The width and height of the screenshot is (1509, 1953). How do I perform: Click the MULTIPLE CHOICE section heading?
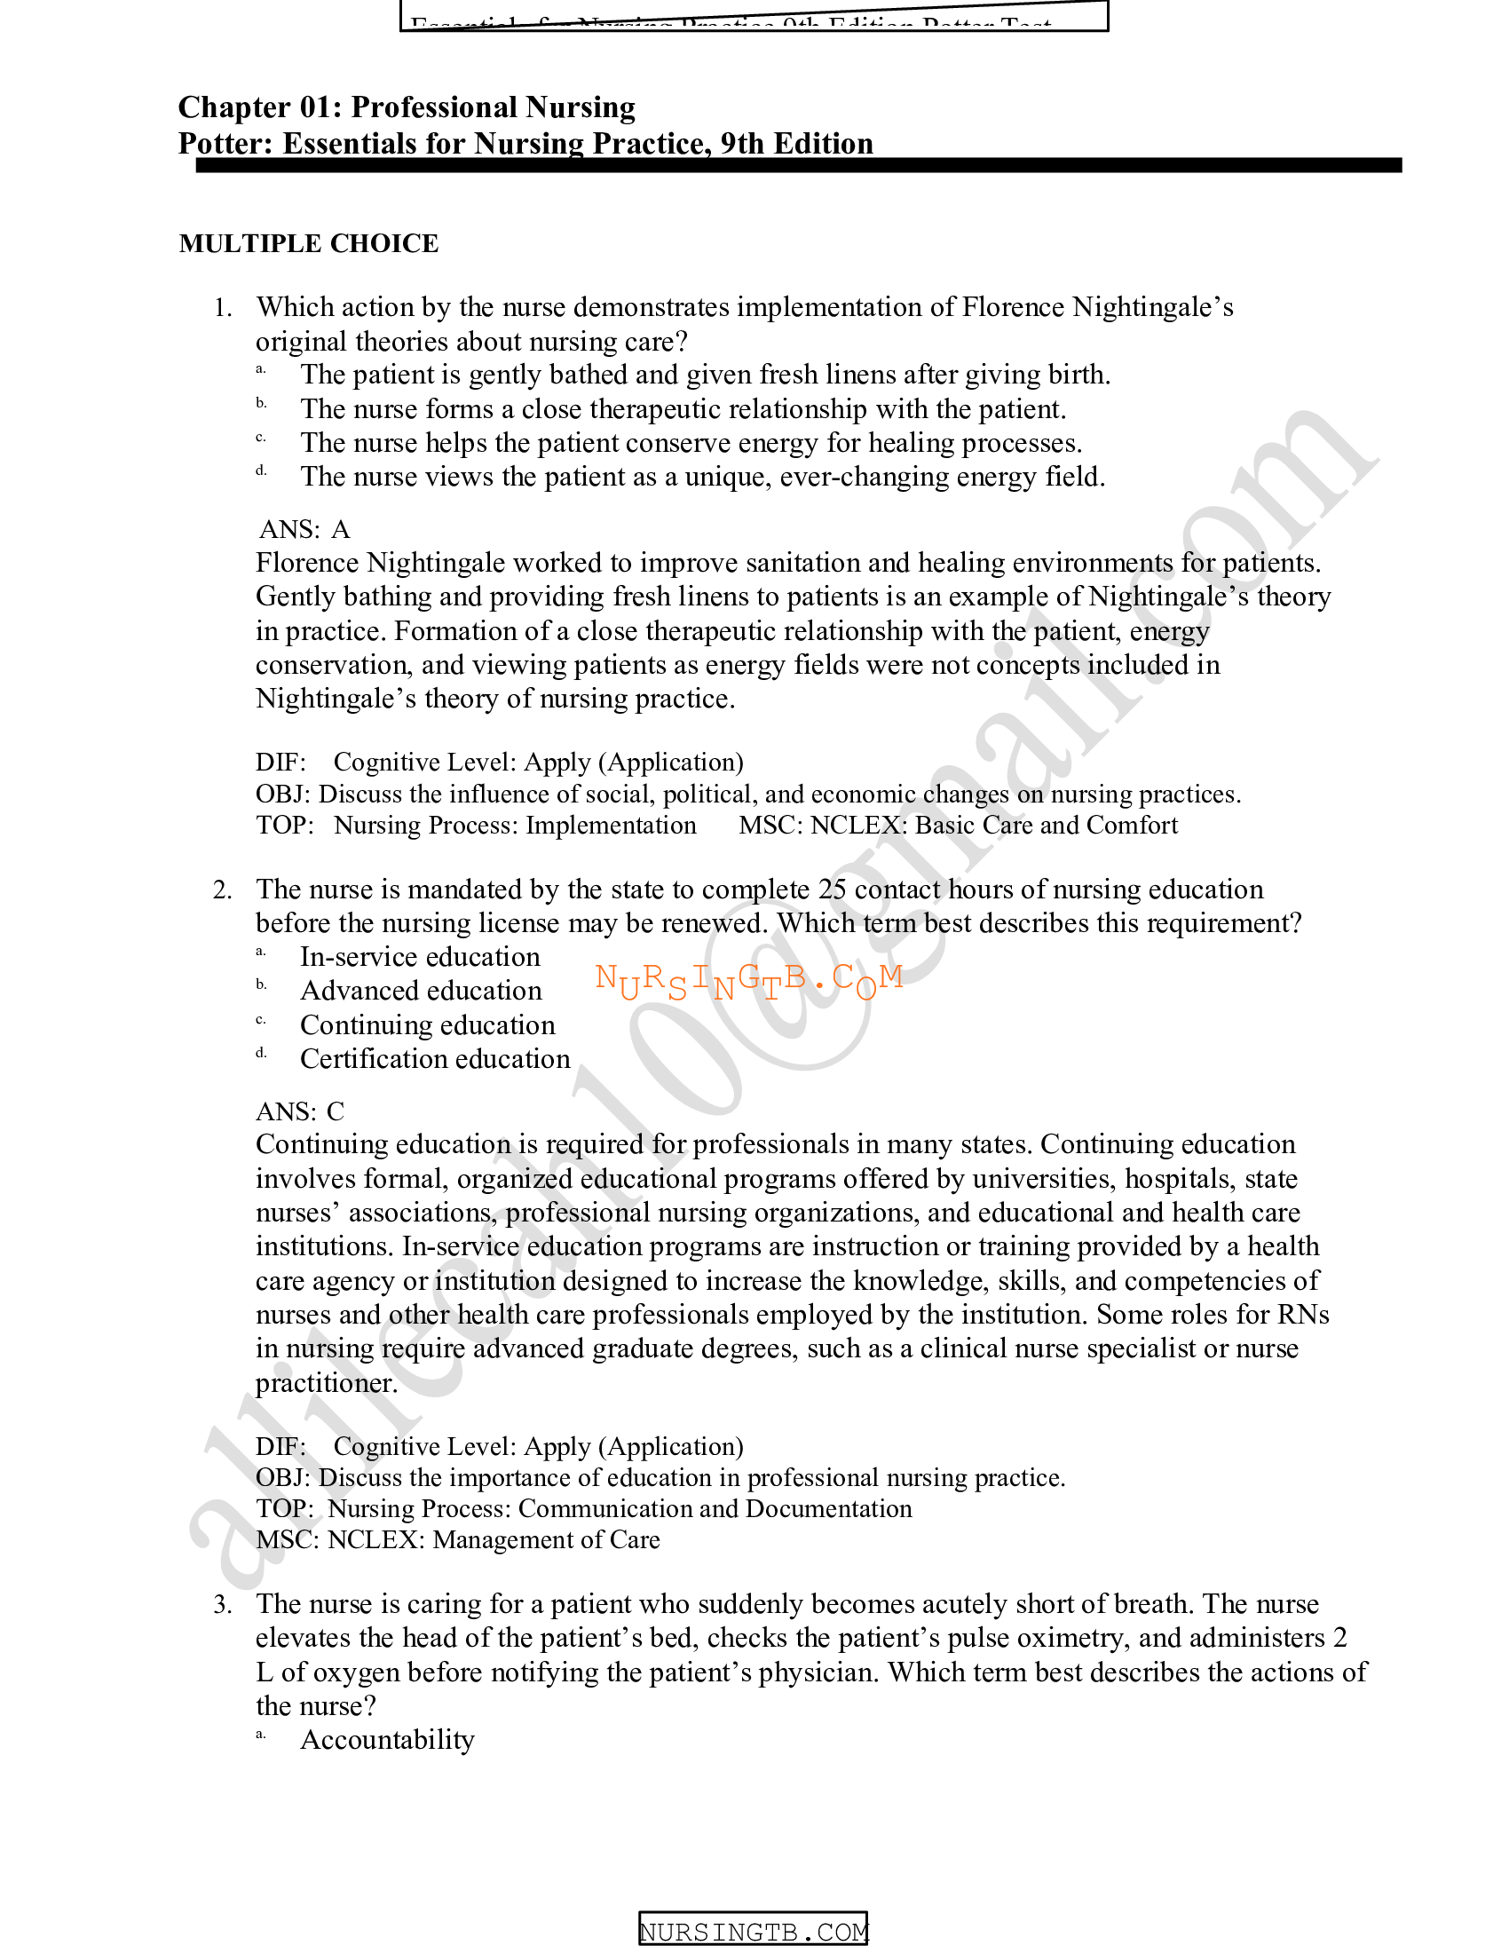pyautogui.click(x=308, y=243)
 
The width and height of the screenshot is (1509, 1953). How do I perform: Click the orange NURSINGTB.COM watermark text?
pyautogui.click(x=749, y=981)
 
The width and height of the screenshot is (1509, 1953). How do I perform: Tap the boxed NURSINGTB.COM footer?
pyautogui.click(x=754, y=1932)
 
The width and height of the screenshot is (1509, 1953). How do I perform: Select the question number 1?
pyautogui.click(x=223, y=308)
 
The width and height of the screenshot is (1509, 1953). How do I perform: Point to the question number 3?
pyautogui.click(x=223, y=1604)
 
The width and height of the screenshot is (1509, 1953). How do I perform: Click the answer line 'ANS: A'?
pyautogui.click(x=304, y=529)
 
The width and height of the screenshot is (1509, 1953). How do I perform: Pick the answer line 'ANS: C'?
pyautogui.click(x=299, y=1111)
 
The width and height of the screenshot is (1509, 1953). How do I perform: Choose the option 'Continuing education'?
pyautogui.click(x=427, y=1024)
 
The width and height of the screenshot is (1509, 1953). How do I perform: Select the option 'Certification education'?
pyautogui.click(x=434, y=1059)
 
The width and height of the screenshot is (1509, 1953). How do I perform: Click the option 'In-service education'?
pyautogui.click(x=420, y=957)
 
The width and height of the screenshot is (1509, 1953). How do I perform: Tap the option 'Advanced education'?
pyautogui.click(x=421, y=991)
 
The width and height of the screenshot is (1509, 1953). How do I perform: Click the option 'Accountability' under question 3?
pyautogui.click(x=387, y=1739)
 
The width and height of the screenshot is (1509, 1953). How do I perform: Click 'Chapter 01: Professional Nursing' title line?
pyautogui.click(x=407, y=107)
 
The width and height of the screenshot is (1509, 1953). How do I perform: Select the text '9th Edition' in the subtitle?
pyautogui.click(x=796, y=144)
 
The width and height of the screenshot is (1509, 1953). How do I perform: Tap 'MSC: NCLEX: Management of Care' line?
pyautogui.click(x=458, y=1539)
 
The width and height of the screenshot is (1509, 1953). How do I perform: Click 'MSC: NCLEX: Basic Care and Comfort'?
pyautogui.click(x=958, y=825)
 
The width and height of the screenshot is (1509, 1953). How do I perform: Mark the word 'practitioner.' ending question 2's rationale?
pyautogui.click(x=327, y=1383)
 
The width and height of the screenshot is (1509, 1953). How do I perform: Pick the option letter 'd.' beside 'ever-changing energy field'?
pyautogui.click(x=261, y=470)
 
